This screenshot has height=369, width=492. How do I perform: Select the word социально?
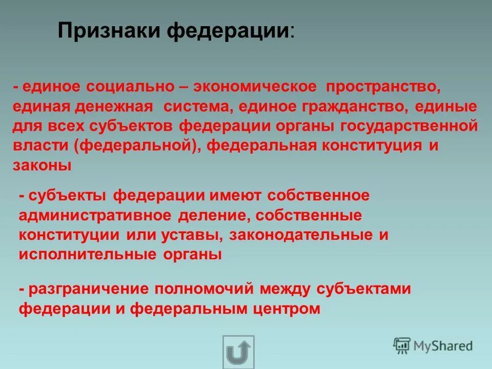[130, 87]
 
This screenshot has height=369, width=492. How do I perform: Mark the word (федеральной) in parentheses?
[134, 146]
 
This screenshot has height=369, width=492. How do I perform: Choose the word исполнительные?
[91, 255]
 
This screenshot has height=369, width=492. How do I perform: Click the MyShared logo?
[433, 345]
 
